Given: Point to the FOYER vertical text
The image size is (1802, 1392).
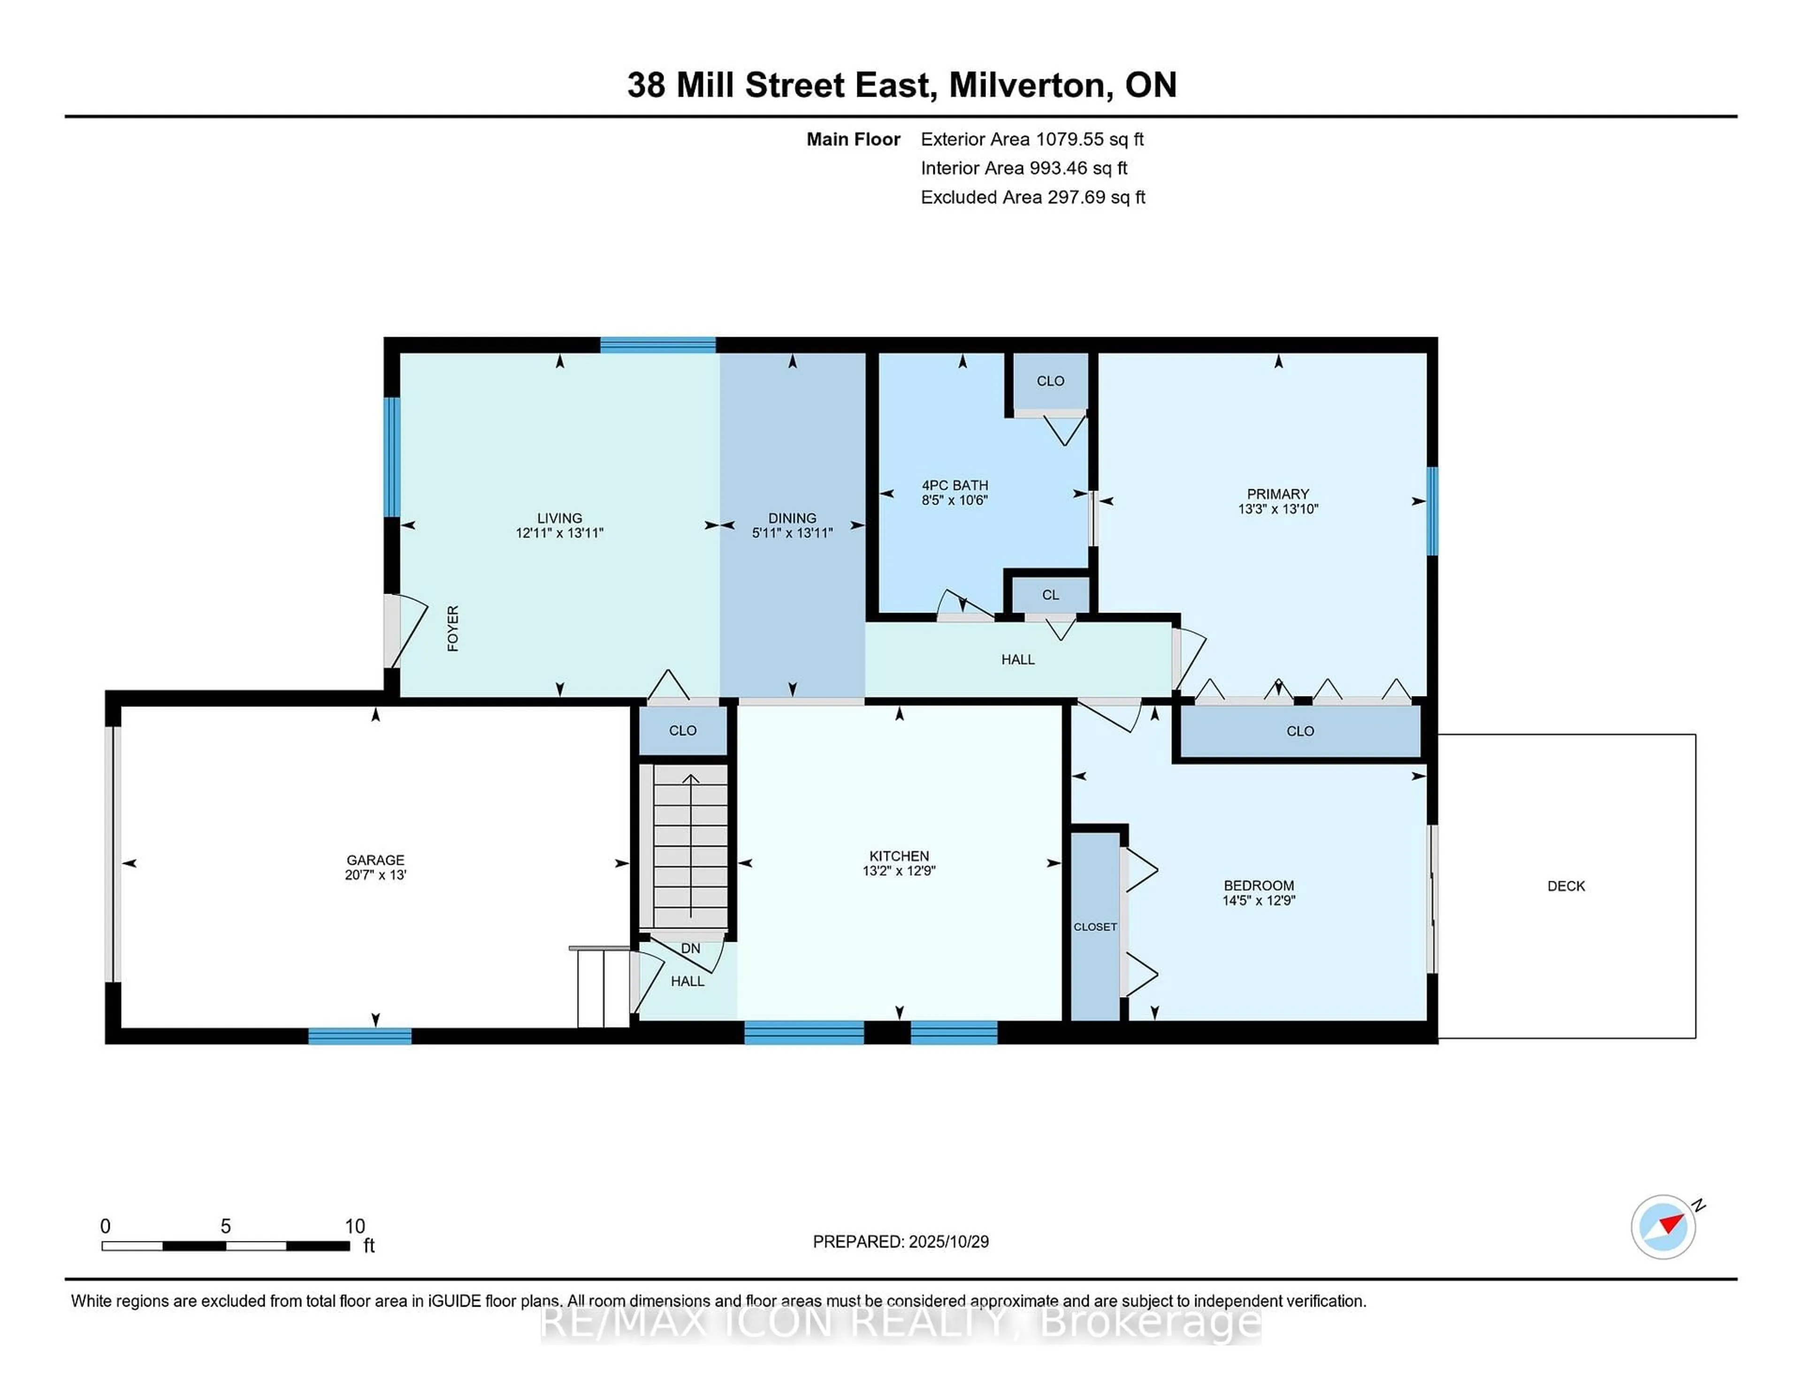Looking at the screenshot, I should pos(453,628).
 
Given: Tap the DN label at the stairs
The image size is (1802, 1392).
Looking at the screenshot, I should pos(691,948).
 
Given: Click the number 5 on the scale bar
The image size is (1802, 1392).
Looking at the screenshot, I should pos(225,1226).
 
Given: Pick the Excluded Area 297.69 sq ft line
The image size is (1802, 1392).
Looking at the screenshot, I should pos(1032,197).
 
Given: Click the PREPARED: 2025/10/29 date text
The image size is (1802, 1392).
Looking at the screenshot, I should pos(900,1241).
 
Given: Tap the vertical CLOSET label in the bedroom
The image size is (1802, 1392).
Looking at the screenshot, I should pos(1095,927).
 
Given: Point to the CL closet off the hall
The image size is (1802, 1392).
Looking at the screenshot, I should pos(1049,595).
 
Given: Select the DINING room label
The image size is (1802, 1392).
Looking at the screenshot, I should pos(792,518).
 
